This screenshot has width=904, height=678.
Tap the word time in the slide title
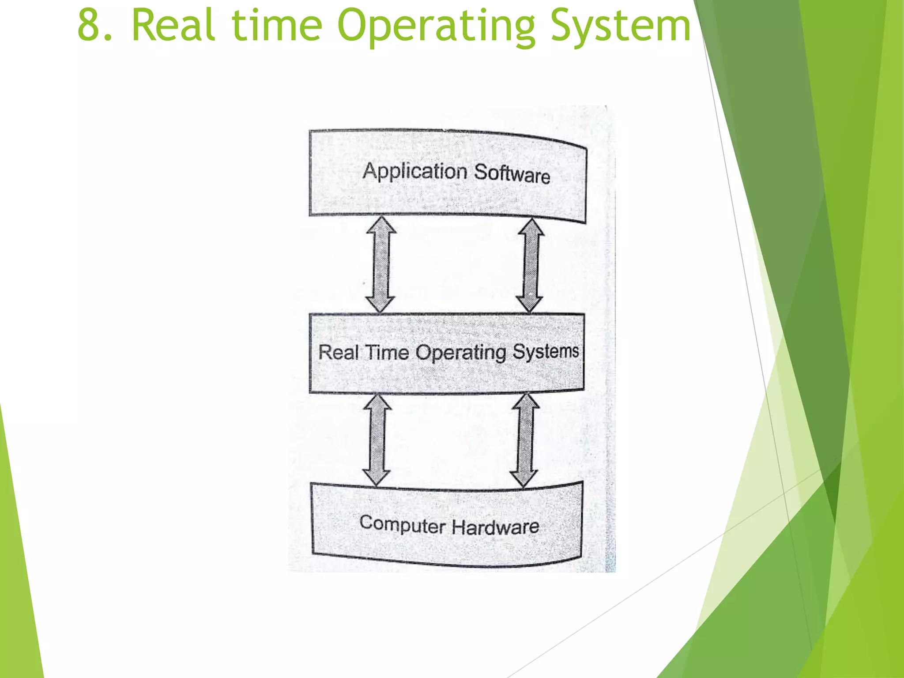click(x=277, y=26)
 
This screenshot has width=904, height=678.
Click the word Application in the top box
click(x=414, y=171)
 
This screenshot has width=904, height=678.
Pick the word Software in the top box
click(x=512, y=173)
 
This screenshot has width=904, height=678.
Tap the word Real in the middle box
click(x=338, y=352)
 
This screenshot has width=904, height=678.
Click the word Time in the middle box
click(x=387, y=352)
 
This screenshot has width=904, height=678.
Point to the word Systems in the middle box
click(x=545, y=352)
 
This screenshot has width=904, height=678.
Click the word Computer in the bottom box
click(x=402, y=524)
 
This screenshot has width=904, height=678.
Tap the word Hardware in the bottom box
click(x=495, y=527)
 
